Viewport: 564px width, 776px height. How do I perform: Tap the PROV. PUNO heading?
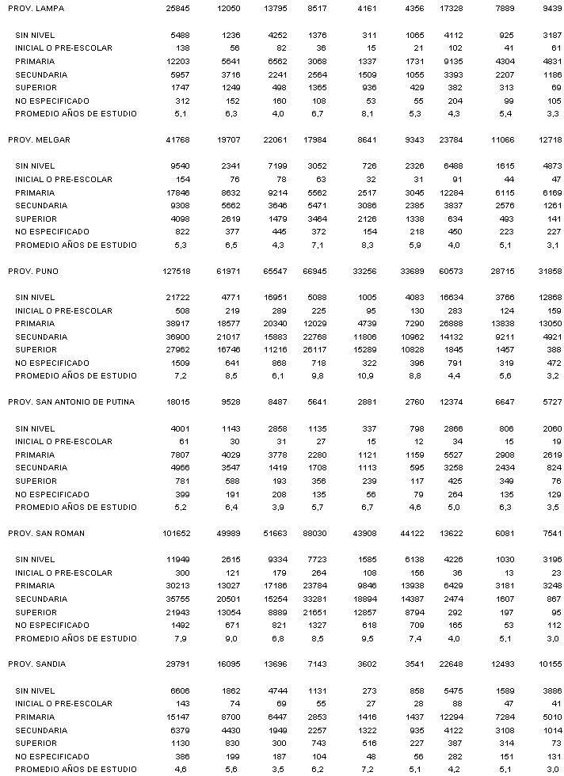tap(33, 271)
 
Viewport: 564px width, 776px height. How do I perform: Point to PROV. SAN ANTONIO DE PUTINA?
tap(71, 402)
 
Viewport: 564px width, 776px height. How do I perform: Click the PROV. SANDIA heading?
tap(37, 664)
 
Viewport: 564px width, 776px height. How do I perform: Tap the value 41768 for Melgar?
tap(179, 139)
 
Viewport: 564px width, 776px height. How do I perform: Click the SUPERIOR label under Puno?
tap(36, 350)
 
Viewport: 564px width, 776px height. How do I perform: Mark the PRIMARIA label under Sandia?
tap(35, 717)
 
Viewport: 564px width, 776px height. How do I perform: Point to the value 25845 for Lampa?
tap(179, 9)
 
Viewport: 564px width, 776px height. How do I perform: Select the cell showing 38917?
tap(179, 324)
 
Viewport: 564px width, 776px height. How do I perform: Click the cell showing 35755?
tap(179, 599)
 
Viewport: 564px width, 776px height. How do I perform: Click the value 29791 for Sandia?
tap(179, 664)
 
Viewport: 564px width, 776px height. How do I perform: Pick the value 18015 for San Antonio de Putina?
tap(179, 402)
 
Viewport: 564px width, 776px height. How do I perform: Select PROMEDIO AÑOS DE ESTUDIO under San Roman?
tap(76, 638)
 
